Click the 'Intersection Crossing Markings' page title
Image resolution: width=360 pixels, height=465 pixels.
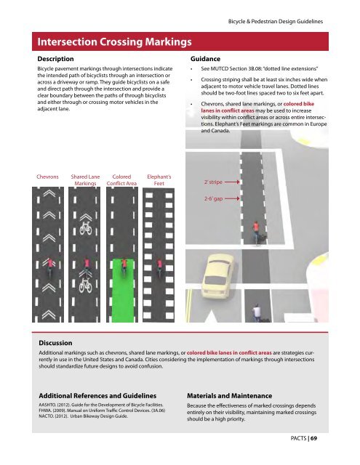[x=114, y=42]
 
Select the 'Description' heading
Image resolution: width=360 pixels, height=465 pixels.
[x=55, y=59]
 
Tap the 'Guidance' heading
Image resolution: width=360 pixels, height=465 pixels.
[x=205, y=59]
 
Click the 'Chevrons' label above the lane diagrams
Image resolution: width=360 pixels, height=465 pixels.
[x=47, y=177]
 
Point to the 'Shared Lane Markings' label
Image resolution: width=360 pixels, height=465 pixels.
[x=85, y=180]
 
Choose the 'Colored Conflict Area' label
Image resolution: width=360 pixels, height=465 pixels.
[x=121, y=180]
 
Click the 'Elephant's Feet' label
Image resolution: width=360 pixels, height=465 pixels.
[x=159, y=180]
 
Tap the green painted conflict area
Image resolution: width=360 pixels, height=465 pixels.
[x=123, y=291]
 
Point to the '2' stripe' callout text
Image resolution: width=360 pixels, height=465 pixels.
[x=213, y=182]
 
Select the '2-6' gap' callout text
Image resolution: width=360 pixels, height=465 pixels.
[x=213, y=198]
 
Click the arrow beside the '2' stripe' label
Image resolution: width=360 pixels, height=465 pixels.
[x=232, y=182]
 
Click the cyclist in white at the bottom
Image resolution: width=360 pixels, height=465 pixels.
[x=257, y=312]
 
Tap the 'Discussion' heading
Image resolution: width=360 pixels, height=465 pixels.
[x=55, y=343]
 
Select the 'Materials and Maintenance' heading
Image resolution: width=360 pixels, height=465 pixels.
[x=229, y=396]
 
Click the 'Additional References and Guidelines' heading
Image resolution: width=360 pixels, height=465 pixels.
[x=97, y=396]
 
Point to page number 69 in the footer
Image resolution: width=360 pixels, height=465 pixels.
[x=314, y=438]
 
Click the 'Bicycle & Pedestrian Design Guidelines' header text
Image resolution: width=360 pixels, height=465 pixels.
[x=276, y=21]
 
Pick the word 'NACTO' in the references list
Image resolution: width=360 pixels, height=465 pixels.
[x=45, y=416]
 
